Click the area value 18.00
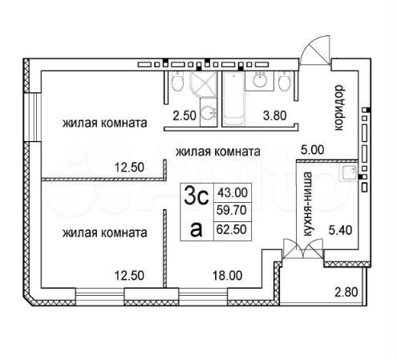pyautogui.click(x=228, y=276)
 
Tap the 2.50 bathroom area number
pyautogui.click(x=184, y=115)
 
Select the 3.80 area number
pyautogui.click(x=274, y=115)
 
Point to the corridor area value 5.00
pyautogui.click(x=312, y=150)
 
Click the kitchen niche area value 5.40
pyautogui.click(x=340, y=230)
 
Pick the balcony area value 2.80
pyautogui.click(x=346, y=292)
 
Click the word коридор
pyautogui.click(x=339, y=107)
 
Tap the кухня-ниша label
pyautogui.click(x=308, y=204)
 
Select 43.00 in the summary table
pyautogui.click(x=233, y=192)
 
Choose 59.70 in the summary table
pyautogui.click(x=232, y=210)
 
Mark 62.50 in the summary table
pyautogui.click(x=232, y=229)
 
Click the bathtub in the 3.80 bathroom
pyautogui.click(x=233, y=99)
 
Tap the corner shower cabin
pyautogui.click(x=203, y=85)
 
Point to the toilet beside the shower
pyautogui.click(x=177, y=82)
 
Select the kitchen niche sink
pyautogui.click(x=349, y=173)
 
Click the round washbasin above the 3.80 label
pyautogui.click(x=260, y=80)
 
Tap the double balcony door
pyautogui.click(x=303, y=249)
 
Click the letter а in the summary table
pyautogui.click(x=196, y=230)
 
